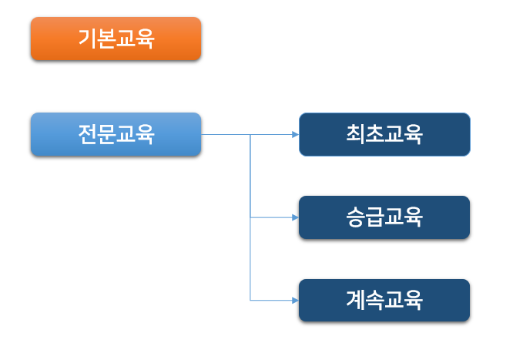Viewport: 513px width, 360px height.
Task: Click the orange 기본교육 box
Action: pos(116,39)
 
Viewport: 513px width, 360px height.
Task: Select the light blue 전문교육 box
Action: pos(116,135)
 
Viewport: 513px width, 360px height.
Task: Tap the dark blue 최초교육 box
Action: pos(384,134)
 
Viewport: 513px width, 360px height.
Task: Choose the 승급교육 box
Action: pos(384,217)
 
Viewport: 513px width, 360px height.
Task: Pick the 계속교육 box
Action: pos(384,300)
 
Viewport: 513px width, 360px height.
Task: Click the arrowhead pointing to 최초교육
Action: pos(295,134)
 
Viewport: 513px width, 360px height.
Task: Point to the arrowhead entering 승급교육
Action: pos(295,217)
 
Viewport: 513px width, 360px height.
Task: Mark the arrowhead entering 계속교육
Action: pos(295,300)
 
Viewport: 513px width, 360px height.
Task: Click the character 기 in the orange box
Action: pos(87,39)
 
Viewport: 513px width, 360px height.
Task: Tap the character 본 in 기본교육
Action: pos(106,39)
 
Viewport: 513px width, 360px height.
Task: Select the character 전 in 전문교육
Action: pos(87,135)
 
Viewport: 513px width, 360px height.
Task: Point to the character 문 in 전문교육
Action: pos(106,135)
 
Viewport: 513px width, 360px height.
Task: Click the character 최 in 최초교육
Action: pos(356,134)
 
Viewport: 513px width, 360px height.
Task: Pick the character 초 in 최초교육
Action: pos(375,134)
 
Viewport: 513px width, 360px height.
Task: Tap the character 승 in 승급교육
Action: pos(356,217)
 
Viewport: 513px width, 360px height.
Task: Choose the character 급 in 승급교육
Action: pos(375,217)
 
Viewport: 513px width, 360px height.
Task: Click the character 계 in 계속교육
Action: pos(356,300)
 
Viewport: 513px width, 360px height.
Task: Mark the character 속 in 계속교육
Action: pos(375,300)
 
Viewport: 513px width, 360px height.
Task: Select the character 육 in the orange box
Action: pos(145,39)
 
